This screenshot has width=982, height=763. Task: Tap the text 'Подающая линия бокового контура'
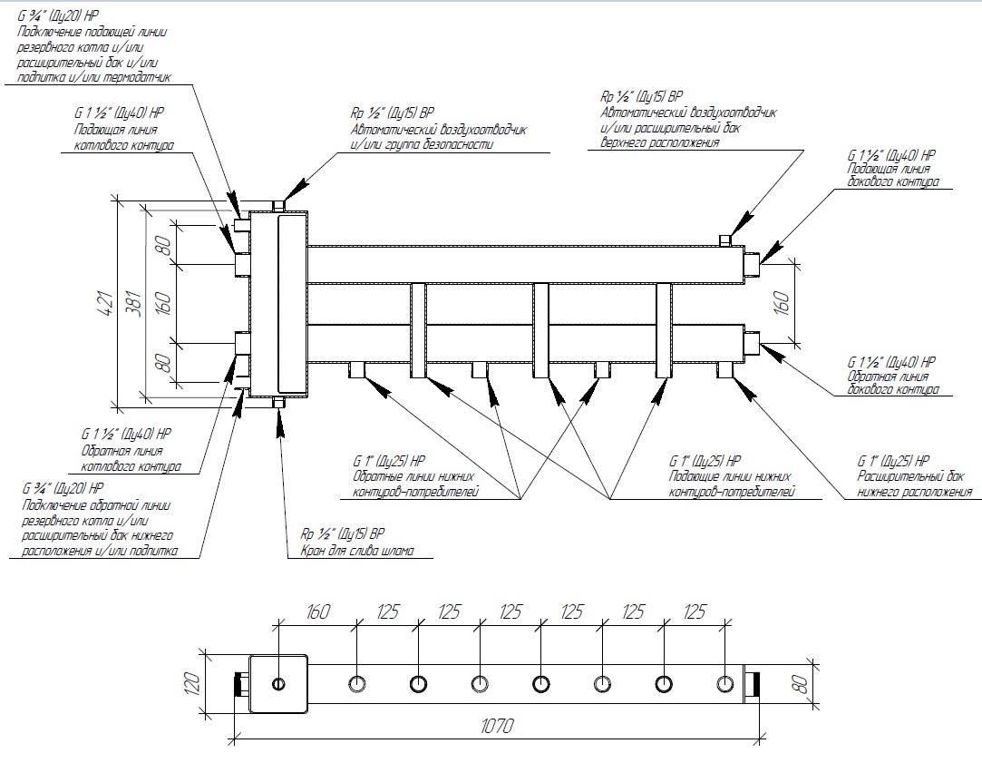(x=891, y=175)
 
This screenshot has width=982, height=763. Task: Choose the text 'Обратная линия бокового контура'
(x=892, y=382)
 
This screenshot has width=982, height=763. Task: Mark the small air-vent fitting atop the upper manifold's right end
(x=724, y=240)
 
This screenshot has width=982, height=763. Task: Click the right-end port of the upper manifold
(x=752, y=262)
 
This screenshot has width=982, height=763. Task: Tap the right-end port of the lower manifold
(x=752, y=345)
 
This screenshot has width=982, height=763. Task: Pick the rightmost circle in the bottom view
(x=724, y=683)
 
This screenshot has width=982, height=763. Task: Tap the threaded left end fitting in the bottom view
(x=240, y=683)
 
